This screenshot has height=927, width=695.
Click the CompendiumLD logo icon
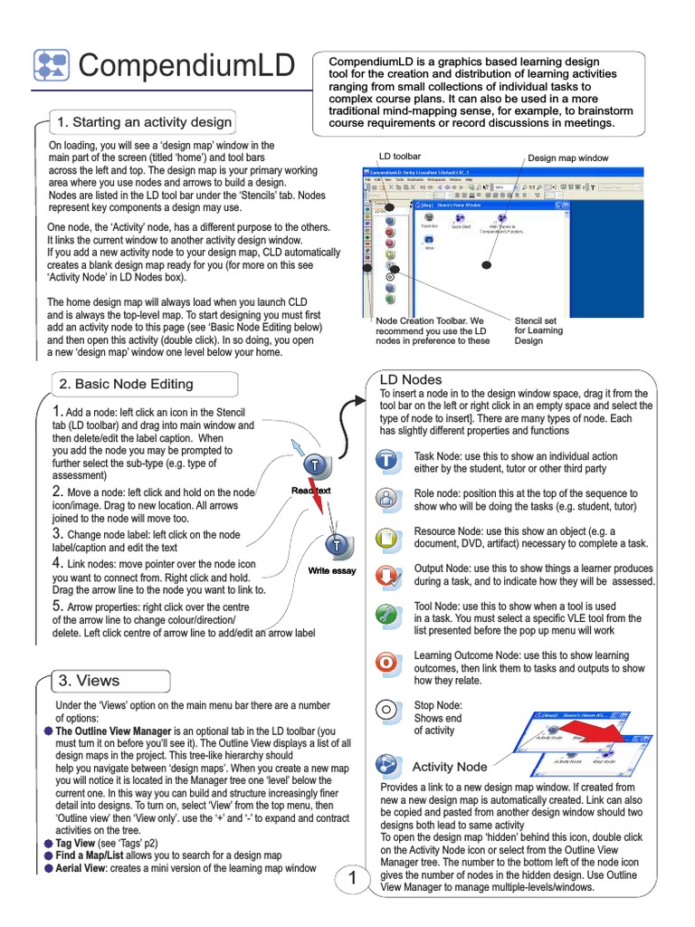pyautogui.click(x=50, y=65)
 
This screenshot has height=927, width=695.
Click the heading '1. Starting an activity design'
pyautogui.click(x=145, y=122)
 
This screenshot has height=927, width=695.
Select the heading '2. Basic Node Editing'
pyautogui.click(x=126, y=384)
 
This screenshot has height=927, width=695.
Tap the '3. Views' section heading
pyautogui.click(x=89, y=680)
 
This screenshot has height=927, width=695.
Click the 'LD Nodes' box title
pyautogui.click(x=410, y=380)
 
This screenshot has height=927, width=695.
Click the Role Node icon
pyautogui.click(x=386, y=498)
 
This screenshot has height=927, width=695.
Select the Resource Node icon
pyautogui.click(x=386, y=537)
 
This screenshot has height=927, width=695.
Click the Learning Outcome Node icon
pyautogui.click(x=386, y=661)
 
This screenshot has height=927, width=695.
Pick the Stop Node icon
pyautogui.click(x=386, y=710)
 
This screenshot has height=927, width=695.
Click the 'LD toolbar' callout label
pyautogui.click(x=399, y=157)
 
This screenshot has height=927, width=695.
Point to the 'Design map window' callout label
pyautogui.click(x=568, y=158)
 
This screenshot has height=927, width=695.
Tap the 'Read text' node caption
pyautogui.click(x=310, y=491)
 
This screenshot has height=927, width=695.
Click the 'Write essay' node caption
pyautogui.click(x=332, y=571)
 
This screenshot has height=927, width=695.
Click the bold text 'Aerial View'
pyautogui.click(x=83, y=868)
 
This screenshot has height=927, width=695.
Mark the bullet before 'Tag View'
pyautogui.click(x=47, y=843)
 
